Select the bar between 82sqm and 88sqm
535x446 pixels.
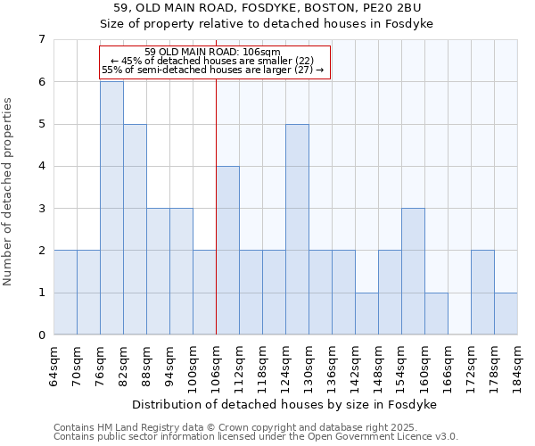pos(135,229)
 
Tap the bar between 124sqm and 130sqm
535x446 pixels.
pos(297,229)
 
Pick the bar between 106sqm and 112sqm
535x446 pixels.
pos(227,251)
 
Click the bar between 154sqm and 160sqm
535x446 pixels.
pos(413,271)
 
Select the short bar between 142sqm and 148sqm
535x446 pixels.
pos(366,314)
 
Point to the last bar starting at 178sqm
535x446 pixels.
pos(506,314)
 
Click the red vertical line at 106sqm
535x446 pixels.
pos(216,205)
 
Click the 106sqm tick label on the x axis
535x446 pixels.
pos(217,367)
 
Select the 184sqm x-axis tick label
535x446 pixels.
pos(518,367)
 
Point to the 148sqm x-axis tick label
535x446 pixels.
pos(379,367)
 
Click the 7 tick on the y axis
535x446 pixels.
pos(41,39)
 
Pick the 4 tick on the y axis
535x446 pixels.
pos(41,166)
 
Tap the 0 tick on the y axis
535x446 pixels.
pos(41,335)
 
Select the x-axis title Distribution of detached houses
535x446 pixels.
pos(284,404)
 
